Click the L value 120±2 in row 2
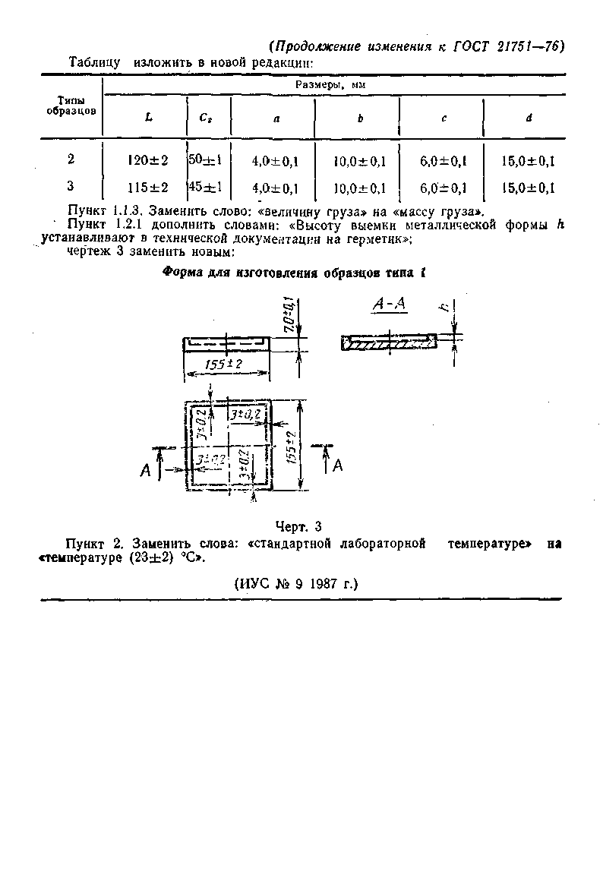tap(148, 160)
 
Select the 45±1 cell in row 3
tap(205, 187)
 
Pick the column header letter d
tap(529, 118)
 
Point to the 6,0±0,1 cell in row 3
tap(443, 188)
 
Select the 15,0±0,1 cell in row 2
tap(529, 161)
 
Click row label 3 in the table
tap(71, 186)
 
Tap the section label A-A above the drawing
tap(390, 305)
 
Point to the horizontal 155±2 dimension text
tap(224, 365)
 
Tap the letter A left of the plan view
tap(146, 472)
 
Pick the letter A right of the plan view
tap(337, 465)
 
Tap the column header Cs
tap(206, 118)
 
